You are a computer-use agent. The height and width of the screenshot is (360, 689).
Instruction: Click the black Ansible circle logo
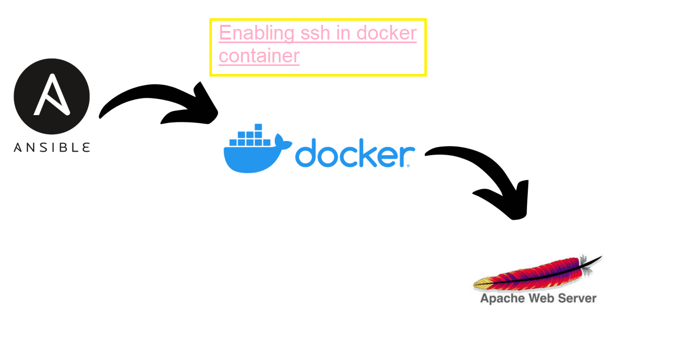point(52,96)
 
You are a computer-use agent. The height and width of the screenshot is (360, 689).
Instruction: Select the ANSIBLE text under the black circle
point(52,148)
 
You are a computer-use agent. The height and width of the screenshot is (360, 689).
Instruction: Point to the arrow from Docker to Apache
point(477,167)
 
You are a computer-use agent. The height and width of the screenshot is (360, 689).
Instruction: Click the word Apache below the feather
point(502,298)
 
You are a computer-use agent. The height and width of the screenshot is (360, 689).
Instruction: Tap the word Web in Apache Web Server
point(541,298)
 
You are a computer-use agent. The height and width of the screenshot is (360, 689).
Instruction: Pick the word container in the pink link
point(259,55)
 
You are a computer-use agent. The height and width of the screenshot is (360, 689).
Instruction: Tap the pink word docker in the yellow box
point(386,33)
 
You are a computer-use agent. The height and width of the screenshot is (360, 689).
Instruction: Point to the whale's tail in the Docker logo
point(283,141)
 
